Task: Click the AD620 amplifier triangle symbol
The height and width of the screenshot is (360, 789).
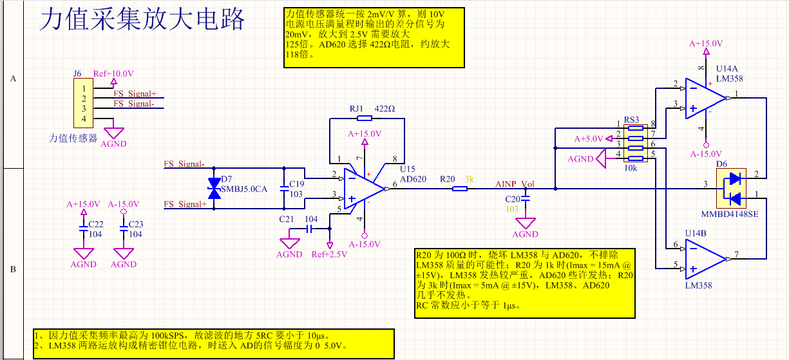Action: point(363,189)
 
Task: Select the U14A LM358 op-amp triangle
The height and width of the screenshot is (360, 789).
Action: point(705,99)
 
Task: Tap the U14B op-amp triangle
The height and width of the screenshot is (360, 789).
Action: point(705,259)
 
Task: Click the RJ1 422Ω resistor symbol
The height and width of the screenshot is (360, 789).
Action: point(364,118)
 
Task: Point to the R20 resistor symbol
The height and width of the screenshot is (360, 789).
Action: point(460,189)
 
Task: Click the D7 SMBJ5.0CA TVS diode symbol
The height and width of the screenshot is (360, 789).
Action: point(214,189)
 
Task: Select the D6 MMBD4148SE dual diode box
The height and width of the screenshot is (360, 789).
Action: point(731,189)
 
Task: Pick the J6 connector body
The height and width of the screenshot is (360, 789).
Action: point(83,103)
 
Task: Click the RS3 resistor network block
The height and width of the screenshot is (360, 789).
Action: point(636,144)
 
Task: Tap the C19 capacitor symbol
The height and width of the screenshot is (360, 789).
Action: point(284,189)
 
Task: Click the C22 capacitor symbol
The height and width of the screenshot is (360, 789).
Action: point(84,229)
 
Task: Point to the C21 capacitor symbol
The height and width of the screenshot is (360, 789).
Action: point(309,229)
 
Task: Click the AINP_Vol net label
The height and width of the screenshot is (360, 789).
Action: point(515,184)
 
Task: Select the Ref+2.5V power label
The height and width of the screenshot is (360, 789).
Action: point(329,254)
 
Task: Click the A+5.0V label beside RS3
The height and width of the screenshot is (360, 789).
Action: point(589,139)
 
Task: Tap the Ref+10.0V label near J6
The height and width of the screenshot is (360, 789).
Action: point(113,73)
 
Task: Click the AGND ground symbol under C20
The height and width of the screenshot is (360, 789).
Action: point(525,223)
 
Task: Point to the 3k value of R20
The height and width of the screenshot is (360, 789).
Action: point(470,179)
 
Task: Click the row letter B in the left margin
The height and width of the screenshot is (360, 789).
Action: point(13,269)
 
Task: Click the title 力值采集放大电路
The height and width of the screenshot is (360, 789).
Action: point(142,19)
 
